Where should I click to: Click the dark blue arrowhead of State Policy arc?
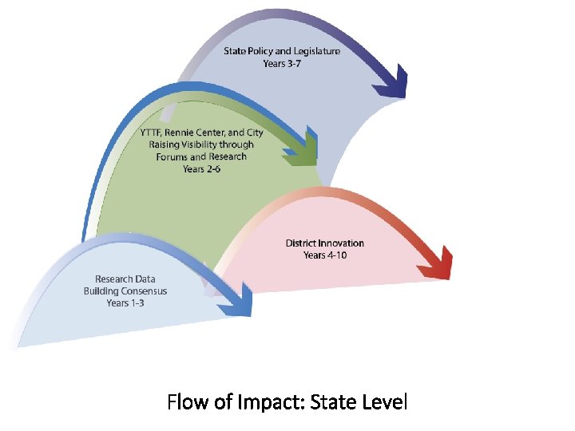coord(391,85)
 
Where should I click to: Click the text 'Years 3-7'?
coord(281,63)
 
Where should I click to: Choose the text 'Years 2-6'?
coord(201,168)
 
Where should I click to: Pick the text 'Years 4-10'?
coord(324,255)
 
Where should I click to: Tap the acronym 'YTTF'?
coord(151,132)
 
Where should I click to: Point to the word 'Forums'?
coord(174,156)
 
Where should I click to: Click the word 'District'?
coord(301,243)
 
